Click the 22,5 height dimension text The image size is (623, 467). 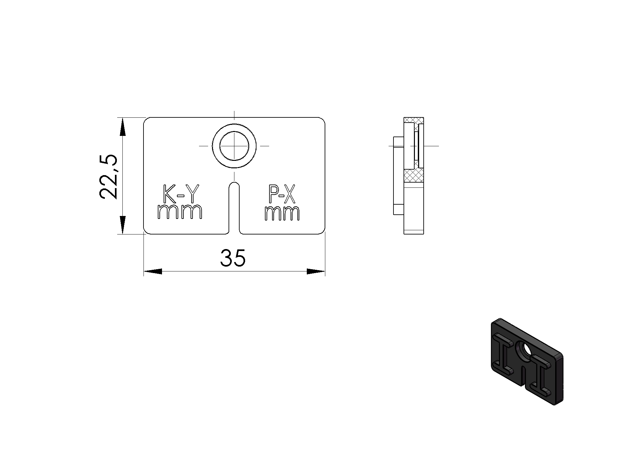[x=108, y=176]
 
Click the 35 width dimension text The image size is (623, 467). [x=233, y=258]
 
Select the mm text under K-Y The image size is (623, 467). [x=180, y=212]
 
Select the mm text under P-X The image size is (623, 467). [x=282, y=213]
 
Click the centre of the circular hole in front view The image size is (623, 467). [x=234, y=146]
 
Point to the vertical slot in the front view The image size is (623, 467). [x=234, y=208]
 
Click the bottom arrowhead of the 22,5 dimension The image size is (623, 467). [x=122, y=224]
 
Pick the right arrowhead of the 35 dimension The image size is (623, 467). [x=316, y=271]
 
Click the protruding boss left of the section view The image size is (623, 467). [x=398, y=175]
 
